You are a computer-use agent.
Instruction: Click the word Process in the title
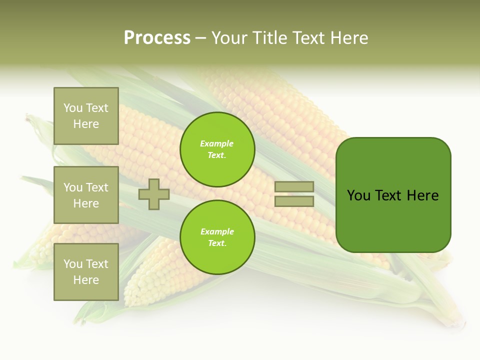pyautogui.click(x=157, y=38)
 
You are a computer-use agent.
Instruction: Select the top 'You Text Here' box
pyautogui.click(x=86, y=116)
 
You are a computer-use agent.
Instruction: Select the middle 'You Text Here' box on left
pyautogui.click(x=86, y=195)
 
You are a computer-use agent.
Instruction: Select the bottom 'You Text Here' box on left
pyautogui.click(x=86, y=272)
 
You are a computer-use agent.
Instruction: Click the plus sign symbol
pyautogui.click(x=154, y=194)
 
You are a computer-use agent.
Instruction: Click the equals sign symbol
pyautogui.click(x=294, y=194)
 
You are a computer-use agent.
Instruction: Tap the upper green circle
pyautogui.click(x=217, y=149)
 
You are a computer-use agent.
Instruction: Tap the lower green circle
pyautogui.click(x=217, y=237)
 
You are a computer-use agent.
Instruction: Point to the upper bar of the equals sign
pyautogui.click(x=294, y=186)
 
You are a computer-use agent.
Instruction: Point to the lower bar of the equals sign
pyautogui.click(x=294, y=201)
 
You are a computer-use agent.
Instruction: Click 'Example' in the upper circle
pyautogui.click(x=217, y=144)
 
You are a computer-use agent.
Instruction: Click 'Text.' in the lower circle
pyautogui.click(x=217, y=243)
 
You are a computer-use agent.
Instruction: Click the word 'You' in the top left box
pyautogui.click(x=73, y=108)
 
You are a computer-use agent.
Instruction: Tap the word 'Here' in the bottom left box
pyautogui.click(x=86, y=280)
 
